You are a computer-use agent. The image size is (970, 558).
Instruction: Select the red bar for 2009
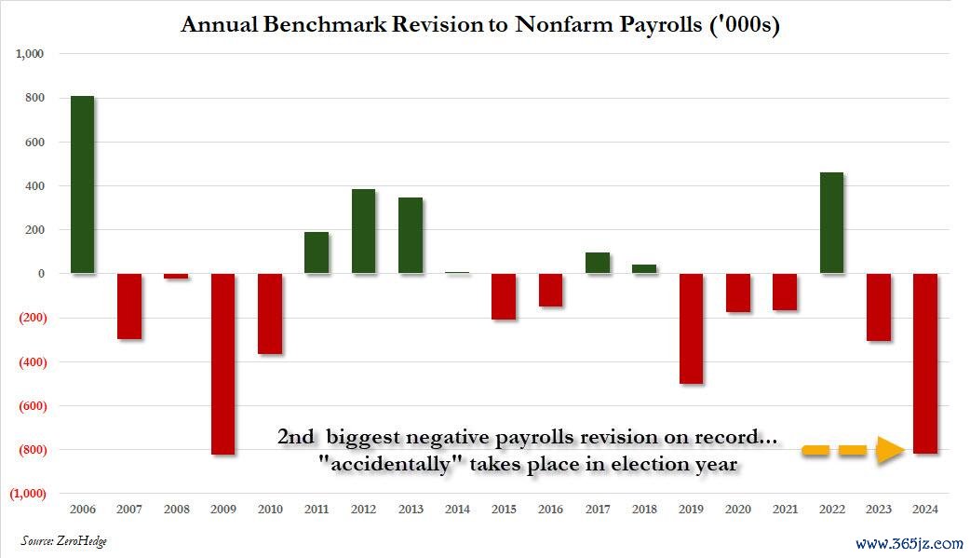(222, 363)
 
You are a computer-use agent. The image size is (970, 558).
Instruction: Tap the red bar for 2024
(924, 363)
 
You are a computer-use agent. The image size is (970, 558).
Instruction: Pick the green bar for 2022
(831, 223)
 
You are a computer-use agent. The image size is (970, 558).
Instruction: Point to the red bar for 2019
(691, 328)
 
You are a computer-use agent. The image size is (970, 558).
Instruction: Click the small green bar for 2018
(644, 269)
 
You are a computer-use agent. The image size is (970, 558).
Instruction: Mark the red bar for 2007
(129, 306)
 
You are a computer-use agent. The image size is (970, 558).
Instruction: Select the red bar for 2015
(504, 296)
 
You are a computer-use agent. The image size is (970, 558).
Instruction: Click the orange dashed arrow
(853, 451)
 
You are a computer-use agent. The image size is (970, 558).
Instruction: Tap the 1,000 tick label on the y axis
(31, 54)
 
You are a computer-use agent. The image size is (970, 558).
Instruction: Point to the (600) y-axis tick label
(29, 406)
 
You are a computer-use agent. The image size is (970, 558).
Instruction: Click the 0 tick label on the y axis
(41, 274)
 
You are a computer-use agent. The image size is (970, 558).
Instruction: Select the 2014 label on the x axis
(457, 510)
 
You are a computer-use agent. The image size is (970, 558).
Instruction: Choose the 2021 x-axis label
(785, 510)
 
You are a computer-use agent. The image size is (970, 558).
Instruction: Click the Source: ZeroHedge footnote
(63, 541)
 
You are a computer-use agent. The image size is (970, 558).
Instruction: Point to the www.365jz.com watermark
(908, 543)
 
